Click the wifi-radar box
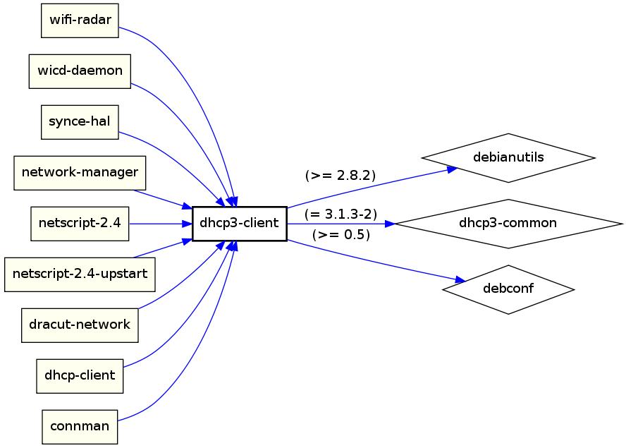coord(80,20)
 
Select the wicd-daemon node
coord(80,71)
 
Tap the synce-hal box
coord(80,121)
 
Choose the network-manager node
coord(80,173)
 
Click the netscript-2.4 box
coord(80,224)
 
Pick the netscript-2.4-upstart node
coord(80,274)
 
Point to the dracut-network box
coord(80,325)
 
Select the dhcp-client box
coord(80,375)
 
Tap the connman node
coord(80,426)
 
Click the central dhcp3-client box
coord(239,224)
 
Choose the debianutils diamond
coord(508,157)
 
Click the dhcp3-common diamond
coord(508,224)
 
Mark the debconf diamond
coord(508,289)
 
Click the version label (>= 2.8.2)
coord(340,175)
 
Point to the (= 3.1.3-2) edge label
coord(341,214)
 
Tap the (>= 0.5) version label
coord(340,235)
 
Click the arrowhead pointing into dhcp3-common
coord(390,224)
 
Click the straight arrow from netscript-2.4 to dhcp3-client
coord(159,224)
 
